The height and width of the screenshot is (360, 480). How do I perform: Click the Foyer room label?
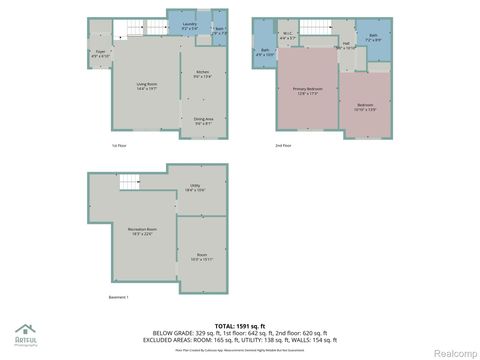coord(100,53)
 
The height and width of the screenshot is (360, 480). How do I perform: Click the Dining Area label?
coord(203,121)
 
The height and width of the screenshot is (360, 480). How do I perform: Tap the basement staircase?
coord(129,181)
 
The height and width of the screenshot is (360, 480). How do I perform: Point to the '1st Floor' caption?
coord(118,145)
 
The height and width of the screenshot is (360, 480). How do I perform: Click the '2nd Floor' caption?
coord(283,145)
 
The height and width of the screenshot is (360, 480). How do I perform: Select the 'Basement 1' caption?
coord(120,297)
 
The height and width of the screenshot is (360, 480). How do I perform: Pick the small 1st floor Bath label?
coord(221,30)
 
